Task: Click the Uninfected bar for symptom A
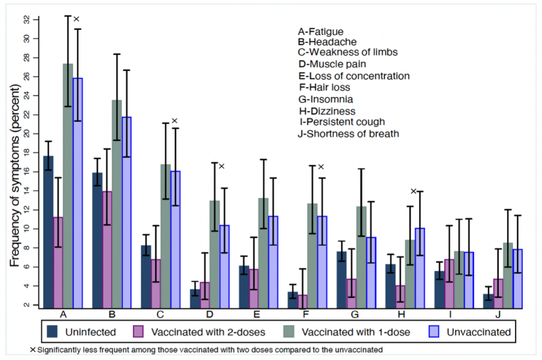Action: pyautogui.click(x=49, y=231)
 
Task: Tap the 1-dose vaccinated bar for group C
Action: pyautogui.click(x=165, y=235)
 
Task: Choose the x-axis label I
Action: pyautogui.click(x=450, y=314)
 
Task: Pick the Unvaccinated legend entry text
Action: pyautogui.click(x=481, y=332)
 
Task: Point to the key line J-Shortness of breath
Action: pyautogui.click(x=348, y=134)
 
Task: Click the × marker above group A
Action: pyautogui.click(x=77, y=19)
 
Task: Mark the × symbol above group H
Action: pyautogui.click(x=414, y=191)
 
